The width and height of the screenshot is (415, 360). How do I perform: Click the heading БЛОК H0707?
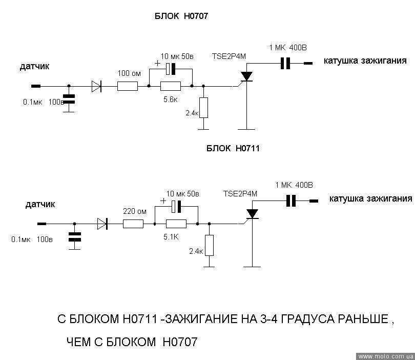click(x=181, y=16)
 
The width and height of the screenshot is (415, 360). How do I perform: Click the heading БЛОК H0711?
click(x=234, y=149)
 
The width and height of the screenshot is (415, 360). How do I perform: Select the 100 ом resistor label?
click(x=129, y=73)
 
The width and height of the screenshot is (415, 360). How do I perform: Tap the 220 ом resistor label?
click(x=135, y=211)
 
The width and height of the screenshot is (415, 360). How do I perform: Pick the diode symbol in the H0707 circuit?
click(x=96, y=86)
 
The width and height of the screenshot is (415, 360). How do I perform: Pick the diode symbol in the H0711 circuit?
click(x=102, y=223)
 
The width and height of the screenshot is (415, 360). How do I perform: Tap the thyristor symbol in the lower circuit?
click(x=252, y=213)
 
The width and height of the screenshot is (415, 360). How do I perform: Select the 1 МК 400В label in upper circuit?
click(x=288, y=48)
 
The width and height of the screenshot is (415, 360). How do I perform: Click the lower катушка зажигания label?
click(x=371, y=198)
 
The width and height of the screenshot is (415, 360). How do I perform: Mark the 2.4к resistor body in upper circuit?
click(x=203, y=107)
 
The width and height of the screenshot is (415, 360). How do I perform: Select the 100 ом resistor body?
click(x=128, y=86)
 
